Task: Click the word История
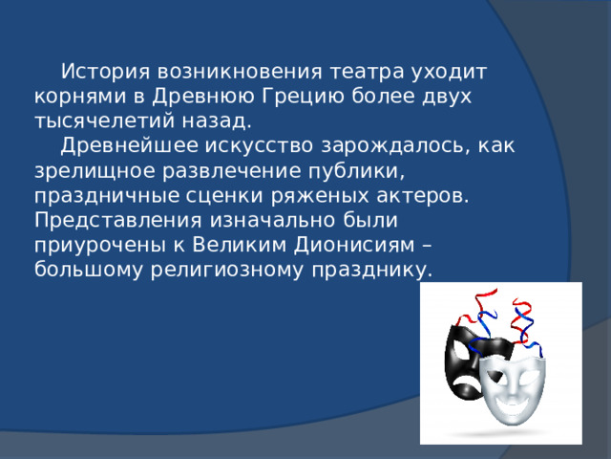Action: pyautogui.click(x=105, y=72)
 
